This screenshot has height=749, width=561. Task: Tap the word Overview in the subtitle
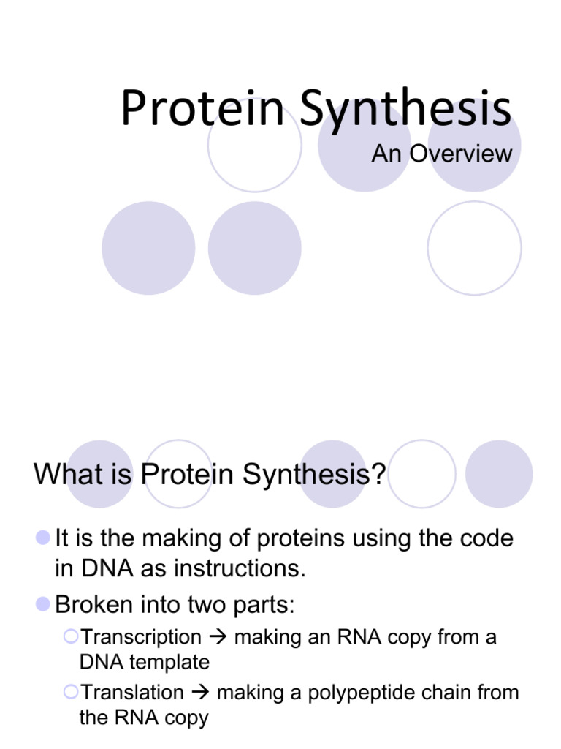click(x=461, y=154)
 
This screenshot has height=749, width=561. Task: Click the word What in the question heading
click(x=69, y=474)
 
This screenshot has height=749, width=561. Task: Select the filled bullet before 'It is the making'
click(x=43, y=538)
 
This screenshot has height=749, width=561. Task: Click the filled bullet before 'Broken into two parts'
click(x=43, y=604)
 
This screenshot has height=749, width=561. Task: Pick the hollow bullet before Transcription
click(x=71, y=636)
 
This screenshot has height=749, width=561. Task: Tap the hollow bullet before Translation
click(x=71, y=692)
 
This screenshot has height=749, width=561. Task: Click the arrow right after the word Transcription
click(x=218, y=637)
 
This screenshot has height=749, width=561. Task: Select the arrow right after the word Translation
click(x=200, y=692)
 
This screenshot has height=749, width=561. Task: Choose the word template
click(x=169, y=663)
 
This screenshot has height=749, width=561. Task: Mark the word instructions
click(x=240, y=568)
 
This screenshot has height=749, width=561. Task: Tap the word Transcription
click(x=141, y=638)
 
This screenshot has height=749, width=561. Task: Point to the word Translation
click(x=132, y=692)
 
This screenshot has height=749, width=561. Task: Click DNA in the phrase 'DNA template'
click(x=102, y=662)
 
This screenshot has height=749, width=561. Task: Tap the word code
click(x=486, y=538)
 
